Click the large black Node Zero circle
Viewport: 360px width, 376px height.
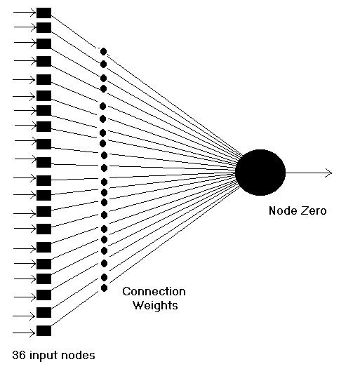260,173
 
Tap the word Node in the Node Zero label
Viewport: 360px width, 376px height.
280,210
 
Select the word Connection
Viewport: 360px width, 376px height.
154,292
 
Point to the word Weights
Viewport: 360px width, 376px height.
155,306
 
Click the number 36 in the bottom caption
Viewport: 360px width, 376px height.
19,355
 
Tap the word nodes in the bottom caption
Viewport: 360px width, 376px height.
78,355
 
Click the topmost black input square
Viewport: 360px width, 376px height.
44,13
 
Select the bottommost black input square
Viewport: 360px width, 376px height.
44,330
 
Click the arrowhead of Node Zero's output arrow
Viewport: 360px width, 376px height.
329,173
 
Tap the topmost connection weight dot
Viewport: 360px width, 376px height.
103,51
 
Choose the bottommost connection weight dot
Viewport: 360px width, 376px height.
104,288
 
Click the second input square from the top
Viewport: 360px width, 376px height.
44,27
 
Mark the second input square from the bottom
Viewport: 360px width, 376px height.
44,312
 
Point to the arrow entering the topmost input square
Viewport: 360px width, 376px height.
25,13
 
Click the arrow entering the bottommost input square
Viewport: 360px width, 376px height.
24,333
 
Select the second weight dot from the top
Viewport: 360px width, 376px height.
103,65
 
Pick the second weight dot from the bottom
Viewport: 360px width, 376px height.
104,278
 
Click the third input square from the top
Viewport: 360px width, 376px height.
44,44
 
